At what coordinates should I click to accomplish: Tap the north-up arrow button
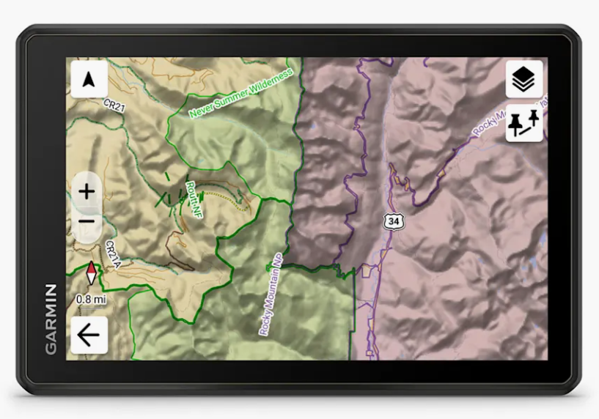pos(89,79)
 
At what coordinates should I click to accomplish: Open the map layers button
pos(524,79)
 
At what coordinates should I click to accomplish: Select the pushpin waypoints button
pos(524,123)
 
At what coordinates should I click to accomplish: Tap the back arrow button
pos(89,335)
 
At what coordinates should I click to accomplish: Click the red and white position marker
pos(91,272)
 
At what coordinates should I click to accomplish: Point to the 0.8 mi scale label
pos(91,299)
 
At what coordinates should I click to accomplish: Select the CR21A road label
pos(112,253)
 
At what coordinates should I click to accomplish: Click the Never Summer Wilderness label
pos(240,93)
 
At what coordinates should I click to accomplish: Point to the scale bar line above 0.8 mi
pos(91,292)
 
